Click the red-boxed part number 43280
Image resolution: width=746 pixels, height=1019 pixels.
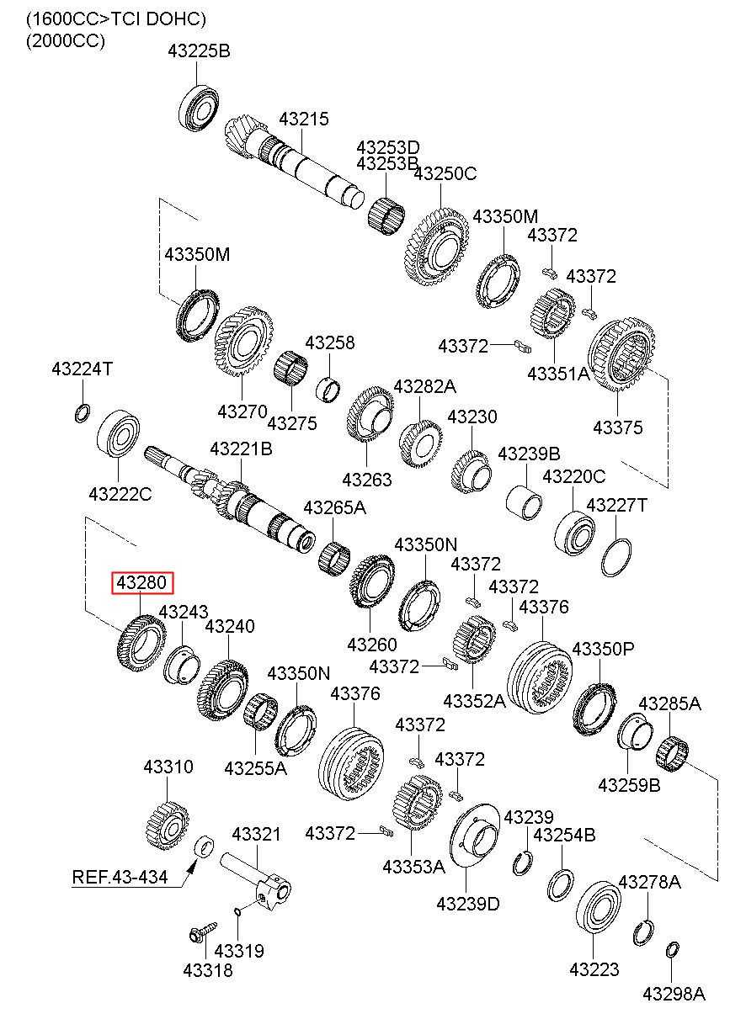142,583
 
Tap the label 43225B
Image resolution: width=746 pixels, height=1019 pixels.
199,51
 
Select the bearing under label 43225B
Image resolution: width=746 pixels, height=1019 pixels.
199,108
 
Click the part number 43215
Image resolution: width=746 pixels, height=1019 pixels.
304,119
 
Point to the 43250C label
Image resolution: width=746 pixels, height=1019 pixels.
445,173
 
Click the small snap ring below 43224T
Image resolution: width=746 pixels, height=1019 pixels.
82,413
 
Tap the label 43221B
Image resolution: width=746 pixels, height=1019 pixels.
242,449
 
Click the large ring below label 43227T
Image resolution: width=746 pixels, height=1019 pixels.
615,557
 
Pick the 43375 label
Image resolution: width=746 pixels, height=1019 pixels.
618,427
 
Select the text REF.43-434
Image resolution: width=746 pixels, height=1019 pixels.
120,877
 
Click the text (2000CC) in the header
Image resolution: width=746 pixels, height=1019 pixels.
66,41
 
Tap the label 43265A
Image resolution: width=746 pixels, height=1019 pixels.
334,507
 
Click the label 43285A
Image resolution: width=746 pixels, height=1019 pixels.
669,703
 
